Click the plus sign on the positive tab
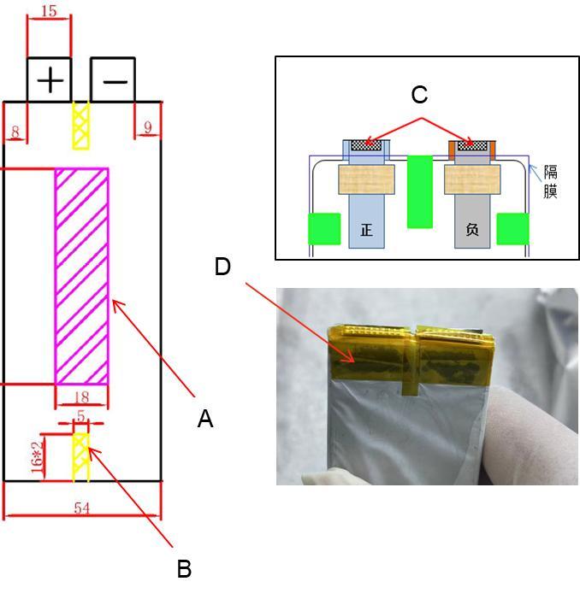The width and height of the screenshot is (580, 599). pos(50,79)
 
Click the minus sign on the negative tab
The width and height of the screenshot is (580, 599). pos(115,81)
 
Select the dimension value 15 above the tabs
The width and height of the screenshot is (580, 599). pos(50,11)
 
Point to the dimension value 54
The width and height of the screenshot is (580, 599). pos(82,508)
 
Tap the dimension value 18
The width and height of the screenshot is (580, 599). pos(81,397)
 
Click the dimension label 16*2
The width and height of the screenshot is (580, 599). pos(37,457)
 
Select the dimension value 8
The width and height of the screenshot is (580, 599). pos(15,132)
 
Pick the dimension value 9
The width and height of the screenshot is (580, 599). pos(148,127)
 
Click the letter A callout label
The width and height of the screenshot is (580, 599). pos(205,419)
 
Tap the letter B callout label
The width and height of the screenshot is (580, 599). pos(184,569)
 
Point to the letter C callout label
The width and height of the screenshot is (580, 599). pos(419,94)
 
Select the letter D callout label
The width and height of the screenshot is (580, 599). pos(222,267)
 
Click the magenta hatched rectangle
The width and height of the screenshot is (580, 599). pos(82,276)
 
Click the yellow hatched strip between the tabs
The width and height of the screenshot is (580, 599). pos(81,126)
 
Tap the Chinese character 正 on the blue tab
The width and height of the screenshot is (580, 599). pos(366,230)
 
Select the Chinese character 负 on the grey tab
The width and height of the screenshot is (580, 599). pos(472,230)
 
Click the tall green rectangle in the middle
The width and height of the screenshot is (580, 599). pos(420,191)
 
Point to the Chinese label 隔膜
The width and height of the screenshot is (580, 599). pos(551,181)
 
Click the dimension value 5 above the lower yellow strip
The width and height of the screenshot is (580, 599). pos(80,415)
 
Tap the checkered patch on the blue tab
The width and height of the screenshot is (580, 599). pos(366,144)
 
